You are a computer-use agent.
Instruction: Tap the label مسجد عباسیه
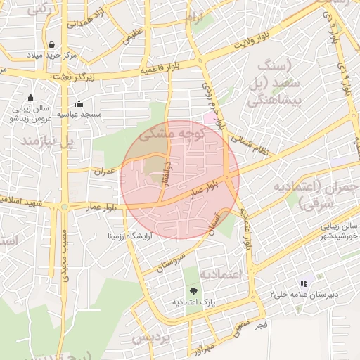(x=79, y=113)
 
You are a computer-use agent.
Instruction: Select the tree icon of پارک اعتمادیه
(x=193, y=290)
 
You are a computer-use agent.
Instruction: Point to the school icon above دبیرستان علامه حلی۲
(x=304, y=283)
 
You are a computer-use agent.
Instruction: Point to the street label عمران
(x=104, y=170)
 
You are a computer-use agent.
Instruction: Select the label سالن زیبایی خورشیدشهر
(x=342, y=232)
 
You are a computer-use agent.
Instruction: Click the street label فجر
(x=262, y=326)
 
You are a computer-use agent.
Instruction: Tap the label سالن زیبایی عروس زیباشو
(x=28, y=113)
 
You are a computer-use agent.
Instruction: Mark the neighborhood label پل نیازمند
(x=49, y=142)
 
